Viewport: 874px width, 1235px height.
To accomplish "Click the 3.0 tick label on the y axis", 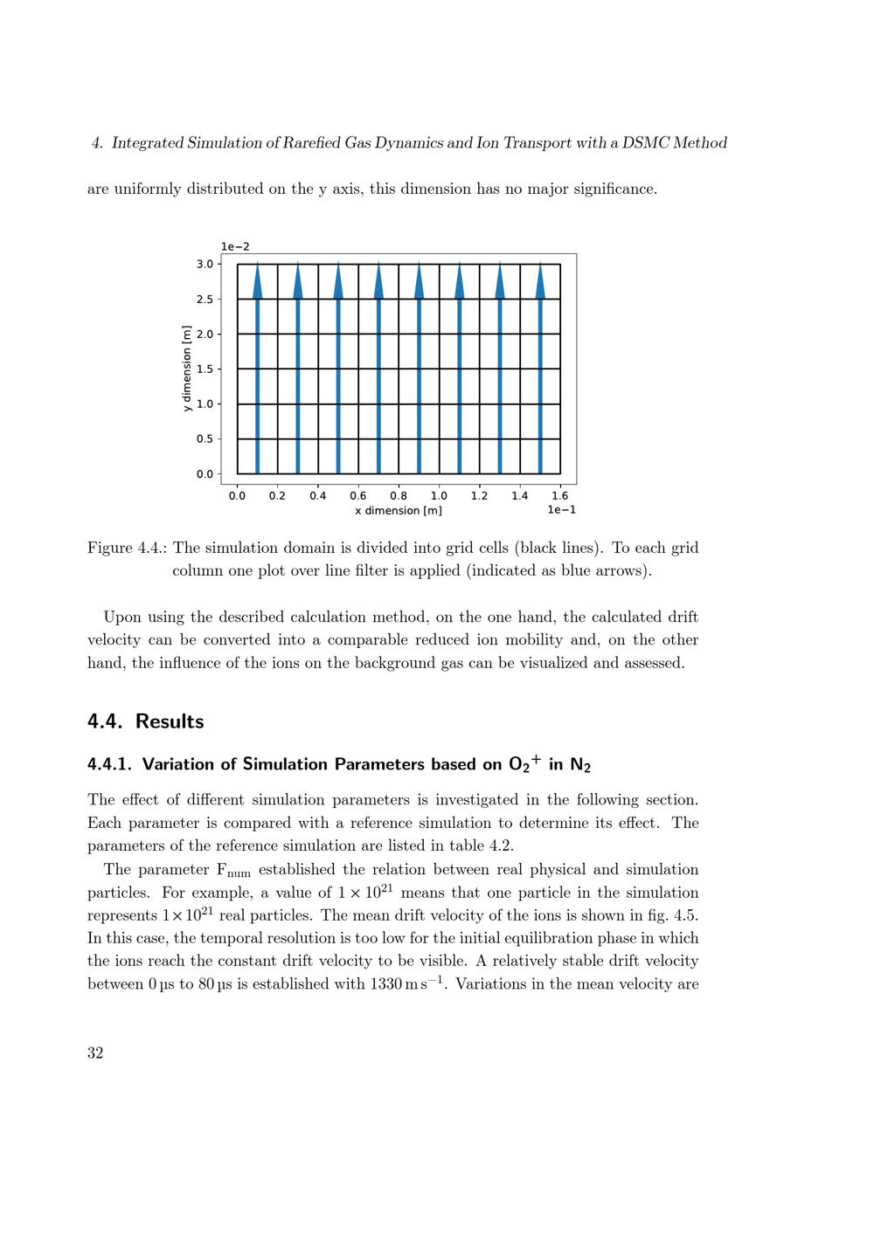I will [205, 264].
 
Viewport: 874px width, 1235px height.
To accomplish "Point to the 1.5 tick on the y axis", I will [205, 369].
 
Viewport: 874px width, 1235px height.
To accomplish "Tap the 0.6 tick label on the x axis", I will [358, 496].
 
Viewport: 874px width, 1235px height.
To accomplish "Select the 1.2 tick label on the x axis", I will [479, 496].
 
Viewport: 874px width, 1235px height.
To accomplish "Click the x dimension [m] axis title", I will [399, 511].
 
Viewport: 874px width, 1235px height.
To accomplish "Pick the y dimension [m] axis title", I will [186, 369].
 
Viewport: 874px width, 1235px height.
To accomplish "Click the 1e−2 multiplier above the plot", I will [235, 247].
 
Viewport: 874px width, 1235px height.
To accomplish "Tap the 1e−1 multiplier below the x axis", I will [561, 510].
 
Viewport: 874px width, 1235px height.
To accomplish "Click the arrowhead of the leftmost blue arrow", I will [258, 281].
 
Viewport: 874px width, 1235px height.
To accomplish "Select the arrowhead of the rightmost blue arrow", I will [540, 281].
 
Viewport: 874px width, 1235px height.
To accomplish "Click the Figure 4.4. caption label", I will [127, 549].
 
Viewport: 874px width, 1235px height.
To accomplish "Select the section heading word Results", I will [170, 721].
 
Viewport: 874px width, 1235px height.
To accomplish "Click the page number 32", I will [95, 1052].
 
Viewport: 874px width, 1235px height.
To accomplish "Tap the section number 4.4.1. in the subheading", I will [109, 764].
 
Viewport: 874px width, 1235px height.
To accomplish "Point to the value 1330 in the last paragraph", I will [385, 984].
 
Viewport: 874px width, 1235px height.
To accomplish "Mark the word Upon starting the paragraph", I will [121, 617].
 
